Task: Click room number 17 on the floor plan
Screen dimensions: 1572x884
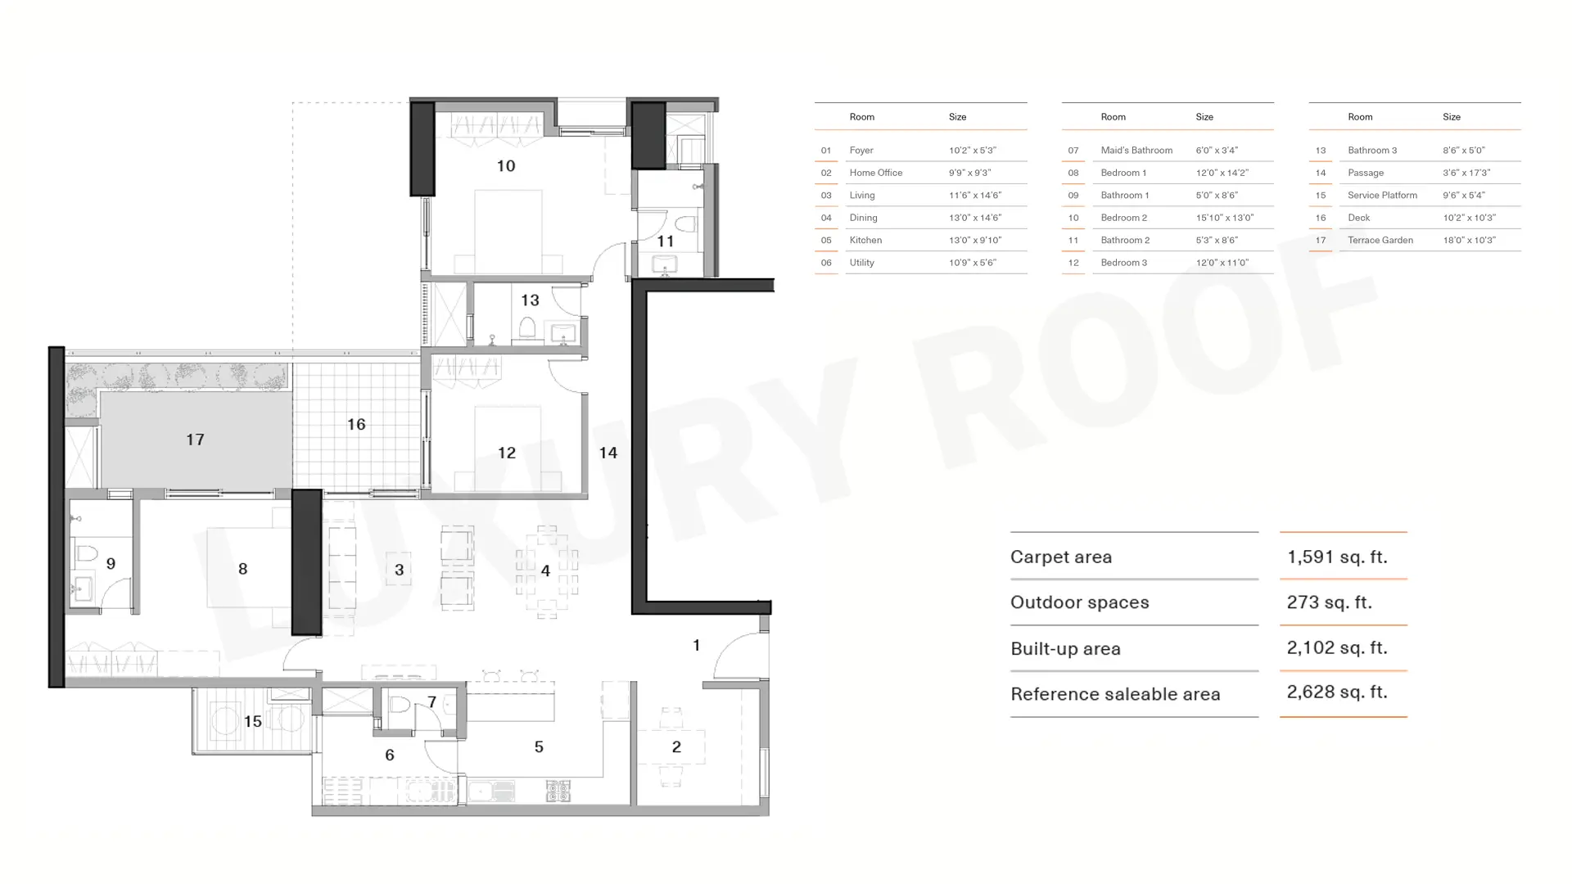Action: [x=195, y=440]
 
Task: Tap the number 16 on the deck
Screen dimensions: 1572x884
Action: [x=356, y=424]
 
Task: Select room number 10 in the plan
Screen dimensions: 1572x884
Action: [x=506, y=166]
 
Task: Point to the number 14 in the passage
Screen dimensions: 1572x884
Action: [x=608, y=453]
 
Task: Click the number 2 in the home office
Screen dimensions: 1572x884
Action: [x=676, y=746]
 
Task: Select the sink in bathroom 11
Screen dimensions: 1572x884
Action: [x=665, y=264]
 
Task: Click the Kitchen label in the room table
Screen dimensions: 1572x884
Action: [x=865, y=240]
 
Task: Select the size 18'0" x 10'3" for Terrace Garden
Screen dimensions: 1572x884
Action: [x=1469, y=240]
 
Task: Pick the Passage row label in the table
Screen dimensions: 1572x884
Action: [x=1366, y=173]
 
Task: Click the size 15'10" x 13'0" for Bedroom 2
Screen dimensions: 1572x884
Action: [x=1224, y=218]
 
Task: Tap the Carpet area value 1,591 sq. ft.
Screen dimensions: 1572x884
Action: [x=1337, y=557]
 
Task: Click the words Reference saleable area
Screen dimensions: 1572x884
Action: [x=1115, y=694]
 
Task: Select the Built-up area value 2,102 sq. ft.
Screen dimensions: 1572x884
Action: [x=1337, y=648]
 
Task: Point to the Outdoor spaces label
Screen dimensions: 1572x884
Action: [x=1079, y=602]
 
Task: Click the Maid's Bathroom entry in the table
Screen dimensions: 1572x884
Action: [x=1136, y=151]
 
